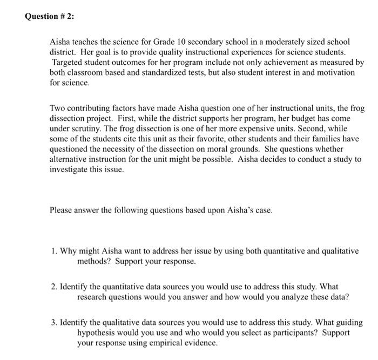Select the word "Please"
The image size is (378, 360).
(x=61, y=210)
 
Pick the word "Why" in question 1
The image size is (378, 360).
(x=69, y=251)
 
